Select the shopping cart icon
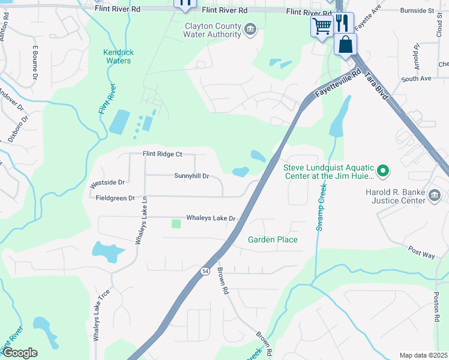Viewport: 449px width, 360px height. coord(322,26)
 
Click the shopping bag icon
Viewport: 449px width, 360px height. coord(346,44)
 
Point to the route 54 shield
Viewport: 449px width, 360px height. coord(205,271)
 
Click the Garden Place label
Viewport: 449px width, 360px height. coord(273,239)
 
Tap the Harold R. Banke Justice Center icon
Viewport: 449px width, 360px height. coord(436,196)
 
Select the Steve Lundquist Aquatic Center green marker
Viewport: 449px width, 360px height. coord(382,172)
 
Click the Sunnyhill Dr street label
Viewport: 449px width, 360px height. coord(191,176)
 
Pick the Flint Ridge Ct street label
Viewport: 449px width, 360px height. coord(162,154)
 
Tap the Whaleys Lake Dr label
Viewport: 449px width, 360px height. coord(211,218)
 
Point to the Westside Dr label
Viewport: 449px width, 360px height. coord(107,182)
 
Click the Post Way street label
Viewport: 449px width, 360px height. coord(421,251)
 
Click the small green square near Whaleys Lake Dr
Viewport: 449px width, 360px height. coord(176,224)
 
